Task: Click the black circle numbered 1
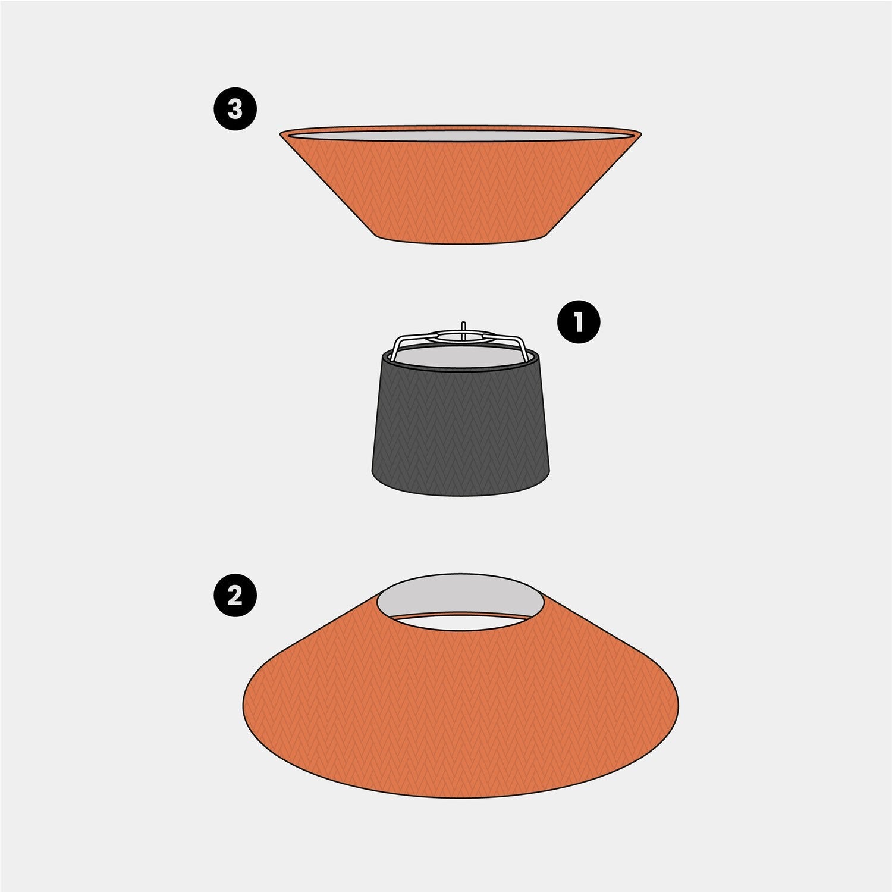578,321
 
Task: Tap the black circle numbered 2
235,594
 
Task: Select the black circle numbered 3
235,109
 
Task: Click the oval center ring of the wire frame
464,336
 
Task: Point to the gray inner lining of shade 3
460,136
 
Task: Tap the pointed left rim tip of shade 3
281,134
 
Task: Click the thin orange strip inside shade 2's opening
460,614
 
